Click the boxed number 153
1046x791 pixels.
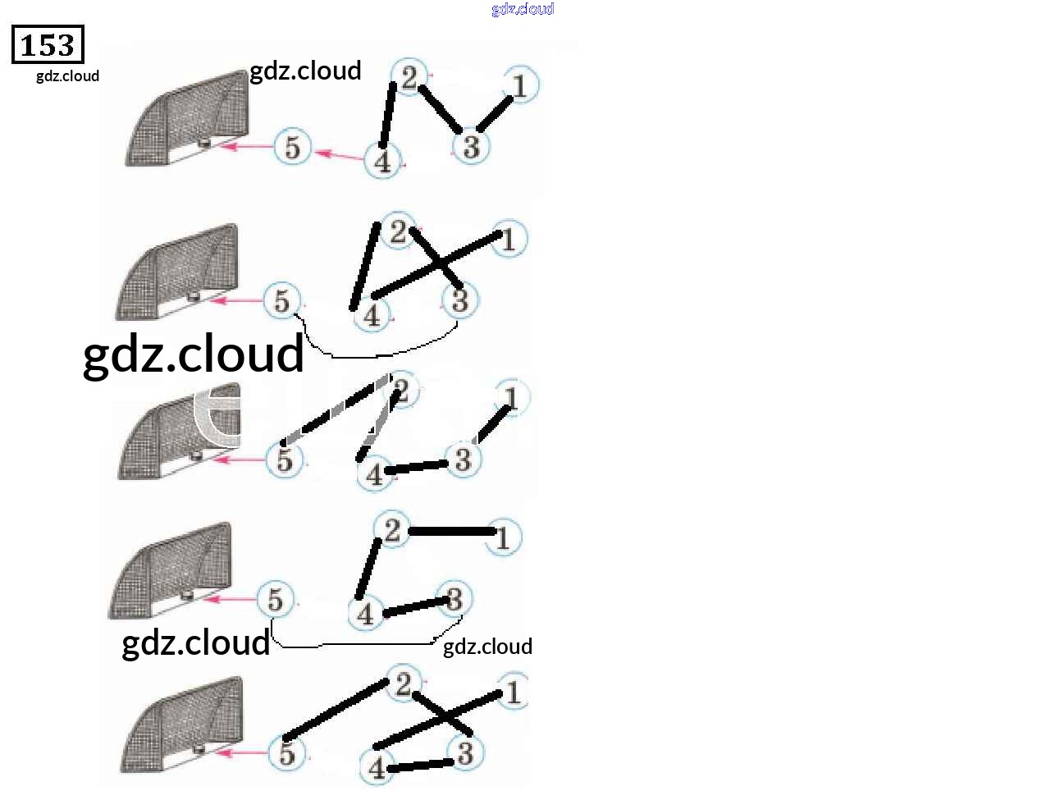(x=48, y=45)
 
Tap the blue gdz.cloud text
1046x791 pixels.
(x=523, y=9)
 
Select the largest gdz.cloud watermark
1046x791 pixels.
(x=194, y=354)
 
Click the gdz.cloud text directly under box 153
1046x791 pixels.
(x=67, y=76)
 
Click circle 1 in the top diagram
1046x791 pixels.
(x=519, y=85)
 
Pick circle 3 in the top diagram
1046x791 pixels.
(x=471, y=147)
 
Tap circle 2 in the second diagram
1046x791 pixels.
(x=399, y=231)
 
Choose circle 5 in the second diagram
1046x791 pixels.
(x=282, y=301)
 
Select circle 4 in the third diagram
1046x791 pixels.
(x=374, y=473)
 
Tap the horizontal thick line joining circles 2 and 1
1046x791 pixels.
(x=451, y=532)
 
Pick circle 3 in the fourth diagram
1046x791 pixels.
(x=454, y=598)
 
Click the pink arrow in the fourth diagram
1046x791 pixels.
(x=230, y=599)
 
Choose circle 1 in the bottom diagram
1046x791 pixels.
(x=513, y=692)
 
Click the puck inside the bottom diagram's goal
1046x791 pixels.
(x=199, y=748)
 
